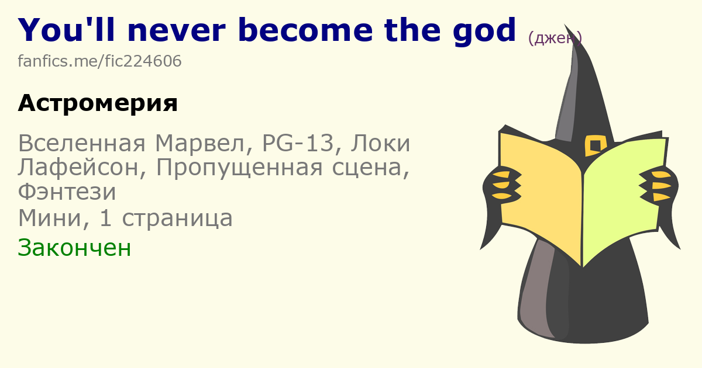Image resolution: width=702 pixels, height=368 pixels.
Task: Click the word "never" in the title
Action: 177,30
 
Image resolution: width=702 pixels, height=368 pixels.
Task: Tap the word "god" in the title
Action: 484,32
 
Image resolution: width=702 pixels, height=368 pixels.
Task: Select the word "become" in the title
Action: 305,30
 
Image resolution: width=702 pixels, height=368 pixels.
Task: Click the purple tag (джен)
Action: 555,38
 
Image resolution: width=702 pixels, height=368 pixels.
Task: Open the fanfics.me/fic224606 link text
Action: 99,61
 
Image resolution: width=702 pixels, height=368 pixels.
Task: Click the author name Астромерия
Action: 98,103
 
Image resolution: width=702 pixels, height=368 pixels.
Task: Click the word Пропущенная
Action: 239,168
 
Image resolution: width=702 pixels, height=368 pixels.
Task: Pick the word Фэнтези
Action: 67,192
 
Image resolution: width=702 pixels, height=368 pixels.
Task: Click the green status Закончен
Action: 74,248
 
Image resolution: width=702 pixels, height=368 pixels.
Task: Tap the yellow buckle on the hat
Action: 596,145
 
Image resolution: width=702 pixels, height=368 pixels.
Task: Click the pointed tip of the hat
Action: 565,25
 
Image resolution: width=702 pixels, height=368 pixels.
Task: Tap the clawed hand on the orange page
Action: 503,185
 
